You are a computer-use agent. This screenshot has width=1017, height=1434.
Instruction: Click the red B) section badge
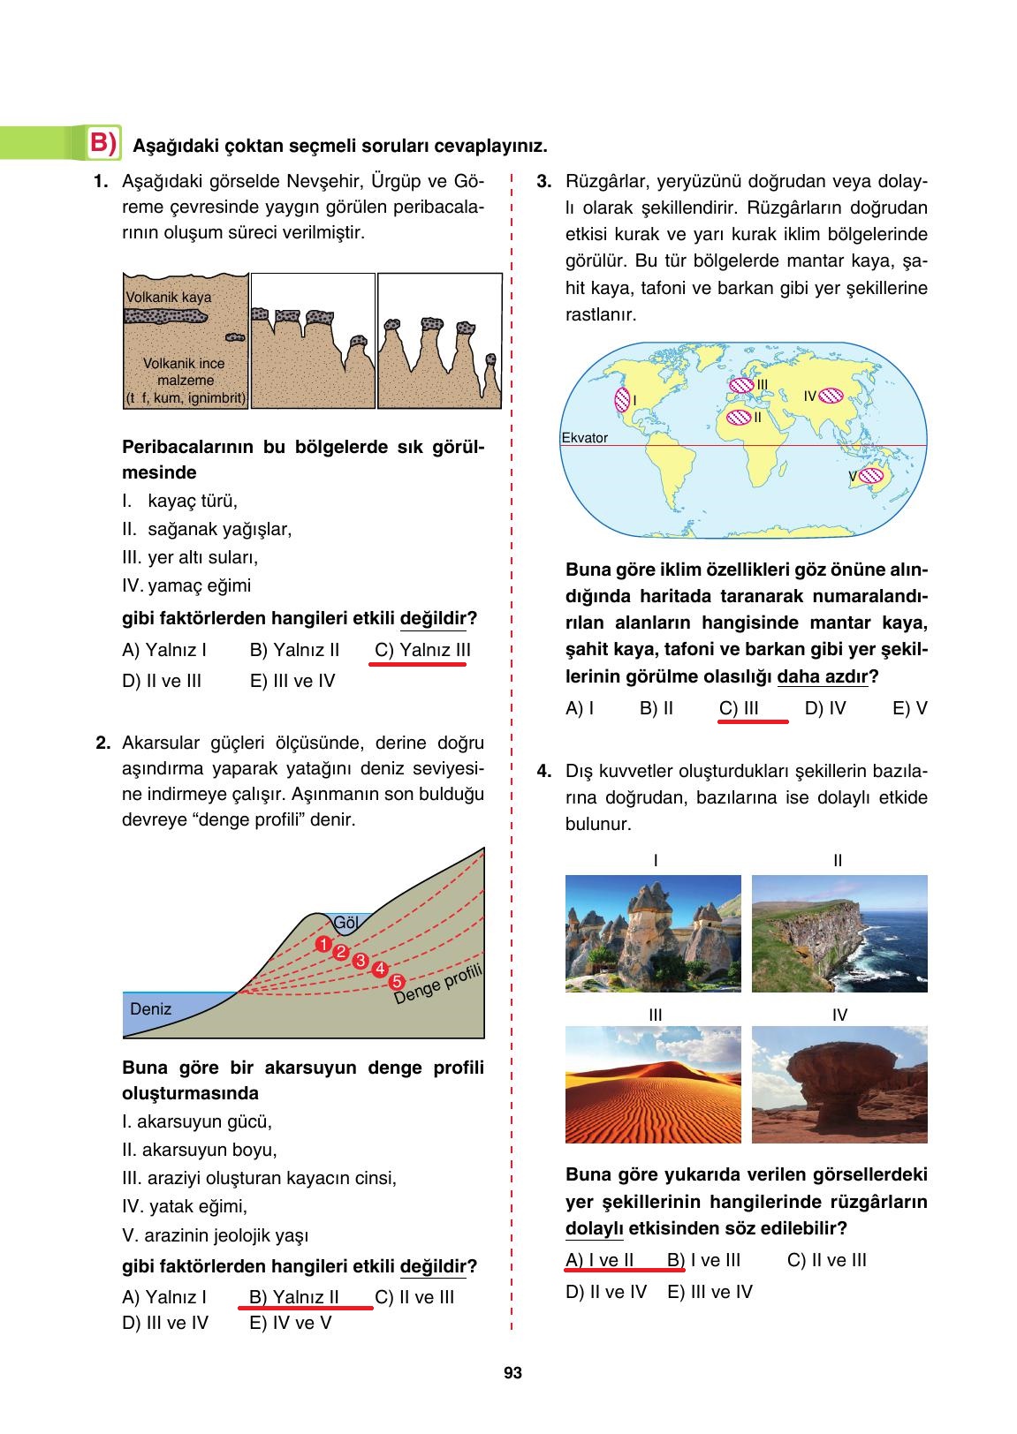103,143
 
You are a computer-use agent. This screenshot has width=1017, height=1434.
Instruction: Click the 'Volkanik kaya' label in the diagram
168,298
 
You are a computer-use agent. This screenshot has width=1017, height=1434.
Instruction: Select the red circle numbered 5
396,981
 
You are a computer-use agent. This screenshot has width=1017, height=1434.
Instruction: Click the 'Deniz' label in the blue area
150,1008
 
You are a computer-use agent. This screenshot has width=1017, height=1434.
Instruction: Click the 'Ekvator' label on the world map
584,438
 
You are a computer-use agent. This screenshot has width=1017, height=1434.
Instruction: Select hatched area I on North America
621,401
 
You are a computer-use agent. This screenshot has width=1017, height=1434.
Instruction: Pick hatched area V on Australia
871,476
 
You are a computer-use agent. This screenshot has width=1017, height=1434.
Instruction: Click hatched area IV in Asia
832,396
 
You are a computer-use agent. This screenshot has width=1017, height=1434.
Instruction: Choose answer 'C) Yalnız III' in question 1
421,651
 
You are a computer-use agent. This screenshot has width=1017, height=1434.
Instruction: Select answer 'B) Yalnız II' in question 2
294,1297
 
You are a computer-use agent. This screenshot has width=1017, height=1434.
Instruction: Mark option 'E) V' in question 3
909,708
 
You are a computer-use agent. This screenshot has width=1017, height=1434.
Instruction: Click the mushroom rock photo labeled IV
839,1084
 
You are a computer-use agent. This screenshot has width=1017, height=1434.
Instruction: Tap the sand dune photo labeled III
653,1084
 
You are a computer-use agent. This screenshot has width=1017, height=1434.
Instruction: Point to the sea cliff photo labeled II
839,933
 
